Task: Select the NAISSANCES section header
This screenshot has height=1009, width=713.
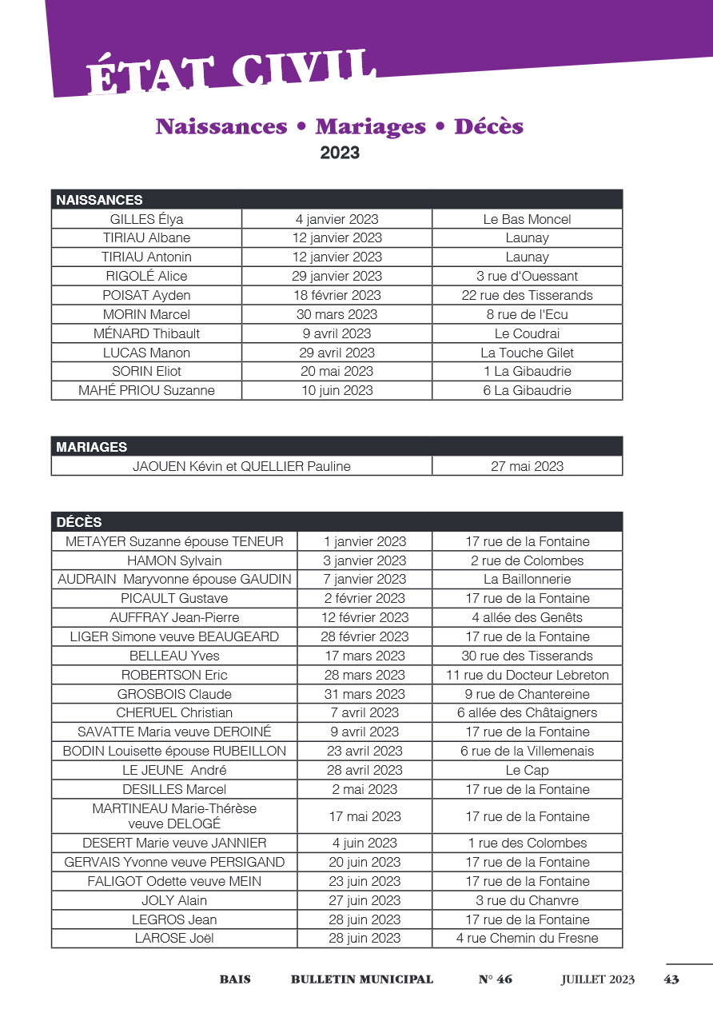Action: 99,200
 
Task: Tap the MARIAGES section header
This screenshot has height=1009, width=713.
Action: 91,447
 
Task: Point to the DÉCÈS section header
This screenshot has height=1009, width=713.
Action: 79,522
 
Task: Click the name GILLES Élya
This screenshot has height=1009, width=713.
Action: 147,219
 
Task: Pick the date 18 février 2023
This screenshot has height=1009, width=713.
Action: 337,295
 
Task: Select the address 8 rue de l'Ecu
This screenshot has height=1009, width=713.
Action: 528,314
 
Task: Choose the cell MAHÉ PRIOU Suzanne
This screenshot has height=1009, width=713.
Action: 147,390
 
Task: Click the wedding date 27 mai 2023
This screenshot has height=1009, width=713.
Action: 527,466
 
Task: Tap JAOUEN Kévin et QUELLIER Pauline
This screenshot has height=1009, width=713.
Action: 241,466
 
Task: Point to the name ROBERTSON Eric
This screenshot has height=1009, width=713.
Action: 174,675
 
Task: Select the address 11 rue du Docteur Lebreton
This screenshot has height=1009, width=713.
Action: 528,675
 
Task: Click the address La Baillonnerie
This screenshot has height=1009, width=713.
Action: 528,579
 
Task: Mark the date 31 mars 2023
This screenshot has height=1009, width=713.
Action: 364,694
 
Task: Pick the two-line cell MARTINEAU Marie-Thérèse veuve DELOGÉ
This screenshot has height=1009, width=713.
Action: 174,816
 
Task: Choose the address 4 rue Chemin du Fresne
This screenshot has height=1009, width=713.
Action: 528,938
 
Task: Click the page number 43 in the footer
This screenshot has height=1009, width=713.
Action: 671,979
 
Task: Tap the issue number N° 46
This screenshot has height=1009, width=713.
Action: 496,979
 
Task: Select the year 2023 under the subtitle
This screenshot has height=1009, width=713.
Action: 340,153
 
